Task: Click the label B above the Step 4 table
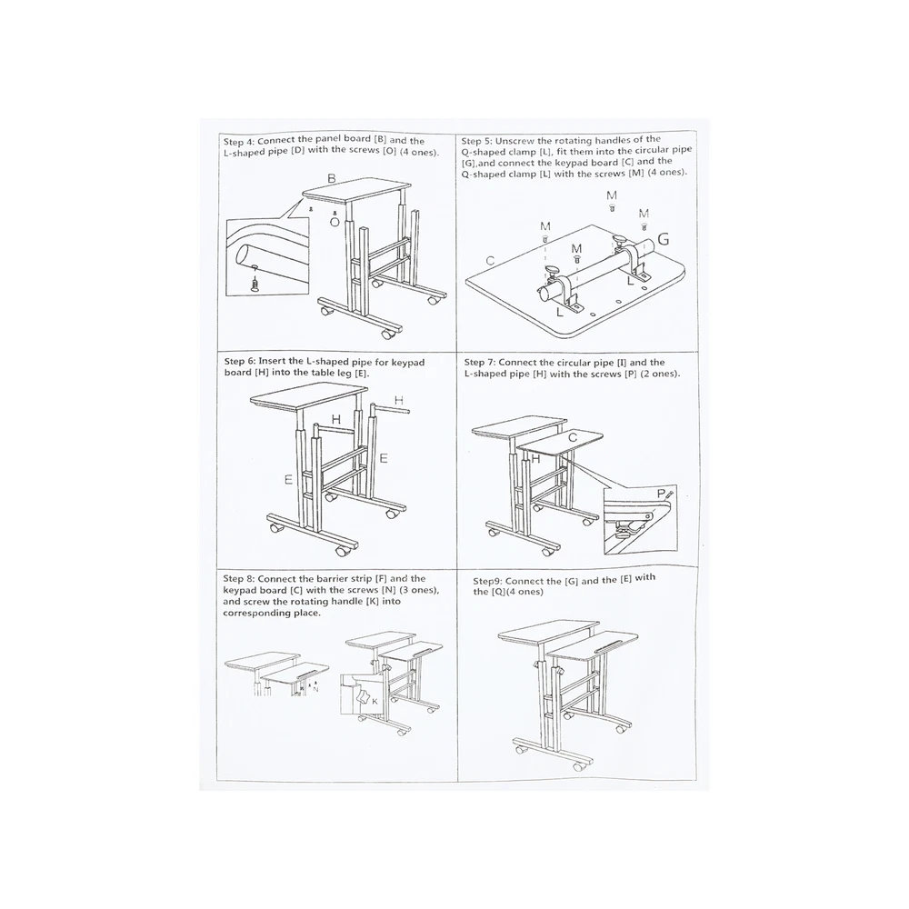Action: [x=332, y=178]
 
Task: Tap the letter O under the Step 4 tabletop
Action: [x=335, y=222]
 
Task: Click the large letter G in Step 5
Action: [x=663, y=239]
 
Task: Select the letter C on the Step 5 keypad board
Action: [x=490, y=261]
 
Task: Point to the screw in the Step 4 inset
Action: [x=254, y=284]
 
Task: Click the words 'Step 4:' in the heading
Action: [x=239, y=142]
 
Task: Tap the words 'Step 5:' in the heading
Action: [x=476, y=141]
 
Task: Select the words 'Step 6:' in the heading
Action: [x=240, y=362]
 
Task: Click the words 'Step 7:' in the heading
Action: [x=479, y=363]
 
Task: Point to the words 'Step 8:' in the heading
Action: [x=239, y=578]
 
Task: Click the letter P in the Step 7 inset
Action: [x=661, y=494]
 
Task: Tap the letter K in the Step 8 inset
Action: [x=375, y=702]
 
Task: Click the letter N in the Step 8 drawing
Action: [x=315, y=689]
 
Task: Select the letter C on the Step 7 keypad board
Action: [x=572, y=437]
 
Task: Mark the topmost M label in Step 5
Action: [x=612, y=195]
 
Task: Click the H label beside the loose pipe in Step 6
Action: [x=399, y=400]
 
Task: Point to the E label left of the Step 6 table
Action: [x=288, y=479]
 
